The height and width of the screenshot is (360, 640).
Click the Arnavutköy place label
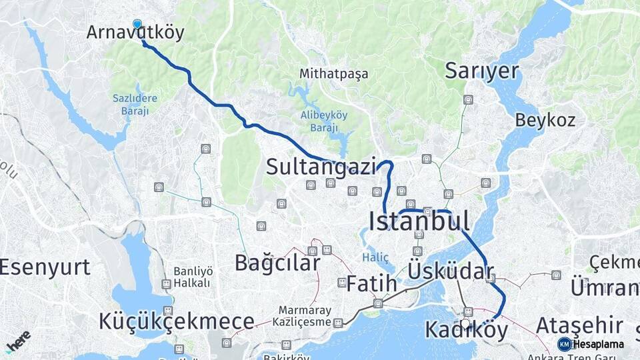(135, 33)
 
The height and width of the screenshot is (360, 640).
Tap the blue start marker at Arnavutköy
(137, 25)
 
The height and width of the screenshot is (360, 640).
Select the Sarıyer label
(481, 71)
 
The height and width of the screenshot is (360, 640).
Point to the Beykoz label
(545, 120)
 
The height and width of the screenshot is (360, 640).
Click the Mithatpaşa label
(333, 74)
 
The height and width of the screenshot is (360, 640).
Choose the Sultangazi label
(321, 167)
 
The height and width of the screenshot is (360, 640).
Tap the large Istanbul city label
(419, 221)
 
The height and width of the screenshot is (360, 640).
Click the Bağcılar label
(277, 263)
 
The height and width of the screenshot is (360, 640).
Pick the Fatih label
(371, 284)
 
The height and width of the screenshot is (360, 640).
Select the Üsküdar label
(451, 271)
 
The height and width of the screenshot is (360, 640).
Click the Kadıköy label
(466, 330)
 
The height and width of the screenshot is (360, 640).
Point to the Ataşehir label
(579, 326)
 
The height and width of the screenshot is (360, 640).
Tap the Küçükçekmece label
(176, 321)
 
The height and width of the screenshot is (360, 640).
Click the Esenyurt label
(45, 267)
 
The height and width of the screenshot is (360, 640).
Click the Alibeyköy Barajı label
(323, 121)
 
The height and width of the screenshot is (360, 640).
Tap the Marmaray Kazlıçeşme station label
(305, 316)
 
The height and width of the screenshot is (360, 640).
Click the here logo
(18, 341)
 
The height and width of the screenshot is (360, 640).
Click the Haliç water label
(375, 257)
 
